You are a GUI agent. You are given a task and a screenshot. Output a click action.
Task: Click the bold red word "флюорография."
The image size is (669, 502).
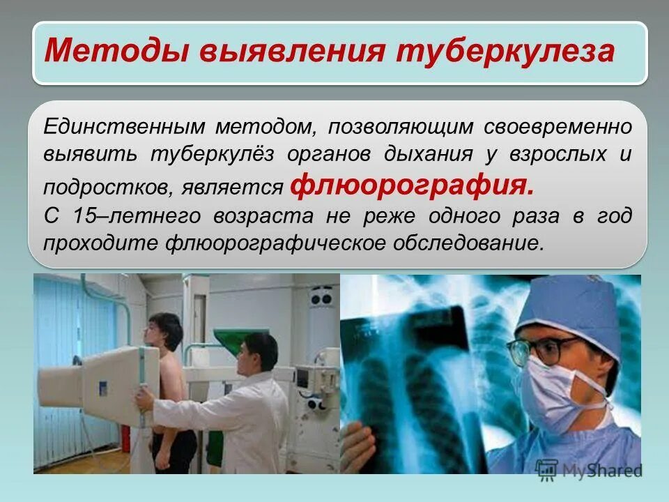pos(414,185)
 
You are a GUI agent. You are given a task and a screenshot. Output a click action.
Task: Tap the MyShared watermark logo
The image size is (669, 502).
pos(590,469)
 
